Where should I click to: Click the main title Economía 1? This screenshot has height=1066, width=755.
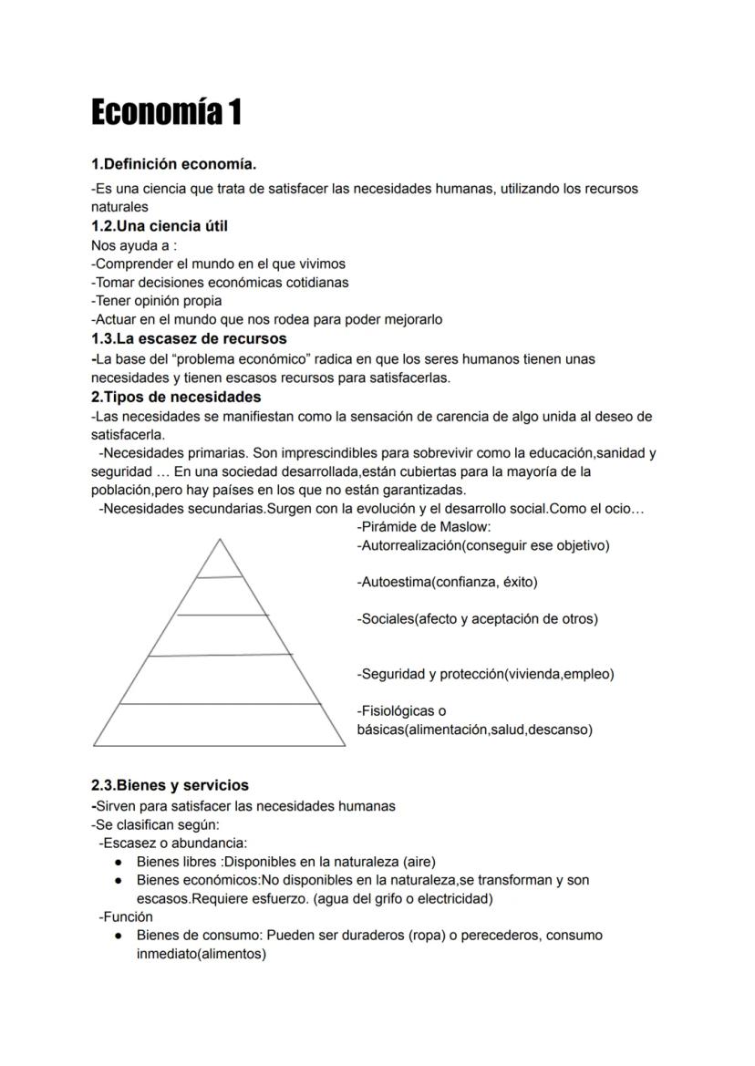(166, 113)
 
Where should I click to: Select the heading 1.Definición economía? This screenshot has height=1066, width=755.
(173, 164)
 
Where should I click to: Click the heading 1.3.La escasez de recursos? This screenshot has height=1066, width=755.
(189, 338)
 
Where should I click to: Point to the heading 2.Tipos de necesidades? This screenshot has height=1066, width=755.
(176, 397)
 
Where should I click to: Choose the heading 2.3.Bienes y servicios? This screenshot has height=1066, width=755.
(170, 785)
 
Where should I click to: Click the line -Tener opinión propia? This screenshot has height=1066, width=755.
(157, 300)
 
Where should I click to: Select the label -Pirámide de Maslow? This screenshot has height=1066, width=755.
(424, 527)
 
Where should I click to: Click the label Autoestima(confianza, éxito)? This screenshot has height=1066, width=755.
(449, 582)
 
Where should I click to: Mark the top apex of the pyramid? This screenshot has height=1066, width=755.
(220, 540)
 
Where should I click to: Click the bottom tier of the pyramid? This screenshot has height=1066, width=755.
(220, 725)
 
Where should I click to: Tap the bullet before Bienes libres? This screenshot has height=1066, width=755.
(119, 862)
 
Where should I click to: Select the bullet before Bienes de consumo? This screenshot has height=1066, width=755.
(119, 936)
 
